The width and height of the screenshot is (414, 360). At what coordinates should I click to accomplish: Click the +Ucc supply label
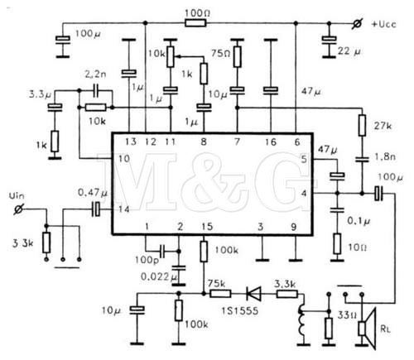(384, 24)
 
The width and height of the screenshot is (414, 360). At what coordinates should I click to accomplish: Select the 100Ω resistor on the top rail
(195, 23)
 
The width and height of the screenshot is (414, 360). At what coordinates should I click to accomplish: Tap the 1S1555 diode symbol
(253, 294)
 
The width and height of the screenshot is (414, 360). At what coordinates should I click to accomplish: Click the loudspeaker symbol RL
(368, 329)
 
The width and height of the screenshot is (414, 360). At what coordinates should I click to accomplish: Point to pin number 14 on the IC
(124, 209)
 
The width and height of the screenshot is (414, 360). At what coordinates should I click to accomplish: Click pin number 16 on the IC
(270, 142)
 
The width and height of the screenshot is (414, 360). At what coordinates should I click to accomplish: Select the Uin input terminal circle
(18, 209)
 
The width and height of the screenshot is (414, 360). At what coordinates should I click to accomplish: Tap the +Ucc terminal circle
(357, 24)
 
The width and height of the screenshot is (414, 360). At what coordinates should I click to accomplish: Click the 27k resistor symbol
(362, 126)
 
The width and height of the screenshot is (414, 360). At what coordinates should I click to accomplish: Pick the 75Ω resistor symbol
(237, 57)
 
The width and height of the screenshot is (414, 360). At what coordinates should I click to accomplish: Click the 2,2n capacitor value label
(95, 74)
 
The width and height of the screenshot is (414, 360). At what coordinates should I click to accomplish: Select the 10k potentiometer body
(171, 57)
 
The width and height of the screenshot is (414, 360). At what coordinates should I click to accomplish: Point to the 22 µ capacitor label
(349, 51)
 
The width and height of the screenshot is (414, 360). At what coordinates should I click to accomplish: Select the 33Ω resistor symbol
(329, 329)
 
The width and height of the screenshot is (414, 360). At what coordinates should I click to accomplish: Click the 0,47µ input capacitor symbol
(96, 209)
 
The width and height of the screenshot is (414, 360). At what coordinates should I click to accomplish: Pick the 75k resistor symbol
(220, 294)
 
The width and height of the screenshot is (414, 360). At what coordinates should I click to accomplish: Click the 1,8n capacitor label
(385, 156)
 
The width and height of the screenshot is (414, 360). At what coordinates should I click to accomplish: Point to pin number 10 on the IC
(124, 159)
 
